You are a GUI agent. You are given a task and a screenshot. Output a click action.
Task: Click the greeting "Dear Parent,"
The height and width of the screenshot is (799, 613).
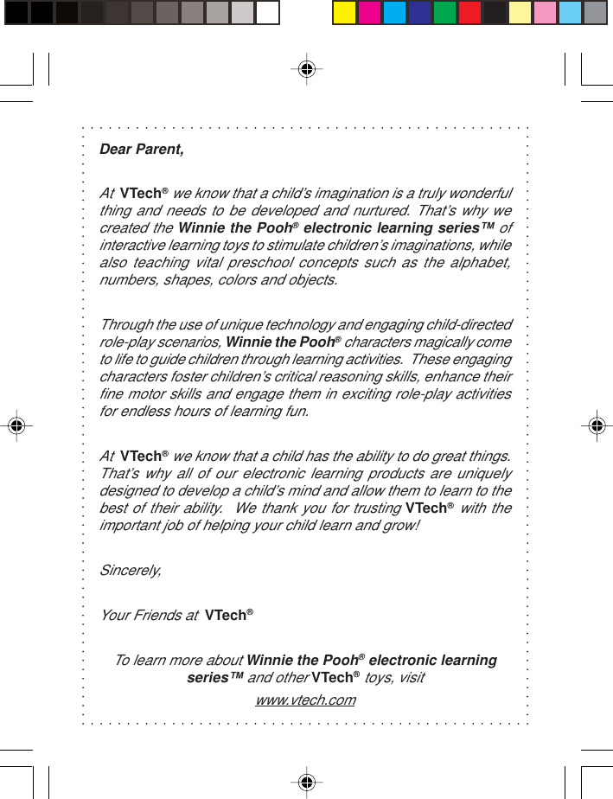point(142,150)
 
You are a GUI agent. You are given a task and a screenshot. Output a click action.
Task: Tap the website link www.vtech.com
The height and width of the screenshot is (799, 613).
point(306,700)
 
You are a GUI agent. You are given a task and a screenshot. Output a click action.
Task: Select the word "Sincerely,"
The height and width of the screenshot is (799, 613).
point(131,571)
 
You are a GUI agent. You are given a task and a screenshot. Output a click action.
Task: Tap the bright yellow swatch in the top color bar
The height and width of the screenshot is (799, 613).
point(344,13)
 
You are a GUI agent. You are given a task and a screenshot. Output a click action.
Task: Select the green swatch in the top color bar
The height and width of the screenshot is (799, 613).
point(444,13)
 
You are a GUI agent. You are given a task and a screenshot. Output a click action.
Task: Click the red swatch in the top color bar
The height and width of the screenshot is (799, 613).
point(469,13)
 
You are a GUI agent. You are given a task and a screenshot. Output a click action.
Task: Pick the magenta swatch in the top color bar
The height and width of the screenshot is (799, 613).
point(369,13)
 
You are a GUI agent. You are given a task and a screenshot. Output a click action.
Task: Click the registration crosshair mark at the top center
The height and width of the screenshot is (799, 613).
point(307,68)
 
